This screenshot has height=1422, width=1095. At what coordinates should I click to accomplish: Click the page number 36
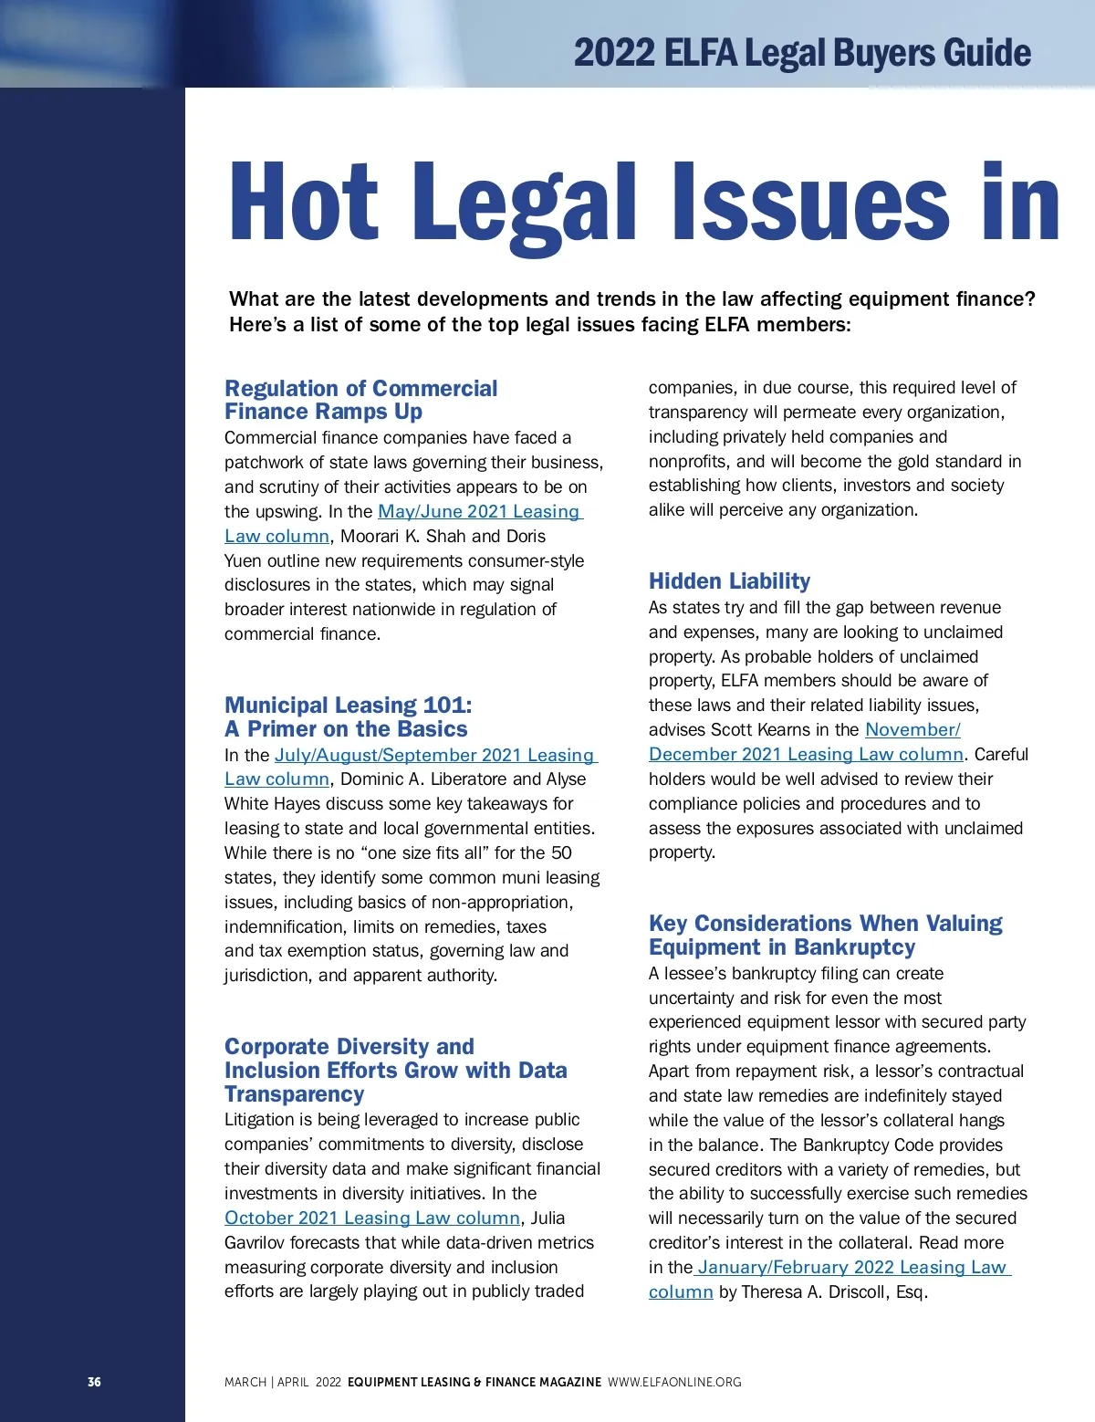[x=94, y=1382]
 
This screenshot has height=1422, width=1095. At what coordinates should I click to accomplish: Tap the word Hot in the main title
[x=303, y=203]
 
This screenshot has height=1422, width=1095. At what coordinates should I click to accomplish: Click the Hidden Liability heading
[x=729, y=581]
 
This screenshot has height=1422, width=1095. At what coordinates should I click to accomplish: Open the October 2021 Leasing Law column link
[x=372, y=1218]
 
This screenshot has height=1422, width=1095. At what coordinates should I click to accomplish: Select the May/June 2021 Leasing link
[x=479, y=512]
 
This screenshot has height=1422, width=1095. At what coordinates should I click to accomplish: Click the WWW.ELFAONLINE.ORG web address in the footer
[x=674, y=1382]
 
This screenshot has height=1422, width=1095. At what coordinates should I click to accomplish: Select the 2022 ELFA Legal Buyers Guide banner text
[x=802, y=54]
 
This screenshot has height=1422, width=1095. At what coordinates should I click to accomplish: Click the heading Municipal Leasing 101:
[x=349, y=706]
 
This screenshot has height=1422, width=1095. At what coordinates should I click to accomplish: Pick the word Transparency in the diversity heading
[x=294, y=1094]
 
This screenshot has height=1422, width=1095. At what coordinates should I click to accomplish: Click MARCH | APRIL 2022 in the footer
[x=282, y=1382]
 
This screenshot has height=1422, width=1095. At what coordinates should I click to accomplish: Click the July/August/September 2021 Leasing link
[x=434, y=756]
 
